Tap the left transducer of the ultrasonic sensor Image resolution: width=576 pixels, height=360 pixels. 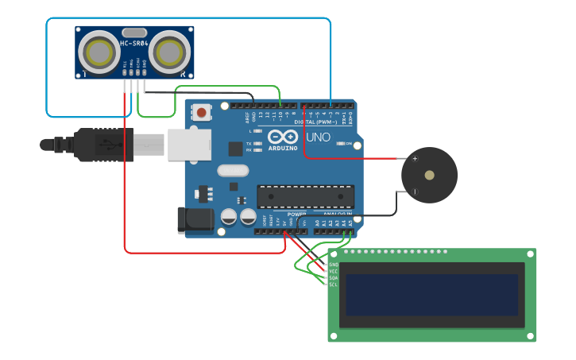[x=99, y=52]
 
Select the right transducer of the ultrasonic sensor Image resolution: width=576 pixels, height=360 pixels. [x=169, y=52]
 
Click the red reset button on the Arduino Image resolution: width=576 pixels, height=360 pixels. [x=201, y=112]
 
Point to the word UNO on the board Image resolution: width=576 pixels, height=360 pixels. [x=318, y=137]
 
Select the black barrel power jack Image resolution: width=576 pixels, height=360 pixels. [x=195, y=220]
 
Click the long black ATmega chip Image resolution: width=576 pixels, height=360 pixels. [x=305, y=196]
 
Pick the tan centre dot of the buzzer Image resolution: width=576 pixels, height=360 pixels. [x=429, y=175]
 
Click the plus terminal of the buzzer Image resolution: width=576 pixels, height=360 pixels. [x=415, y=159]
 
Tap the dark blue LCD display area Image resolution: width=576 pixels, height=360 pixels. [x=431, y=295]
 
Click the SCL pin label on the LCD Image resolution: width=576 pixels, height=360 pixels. [x=333, y=285]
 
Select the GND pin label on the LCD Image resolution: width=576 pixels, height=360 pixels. [x=333, y=264]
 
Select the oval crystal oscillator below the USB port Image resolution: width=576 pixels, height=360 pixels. [x=233, y=170]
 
